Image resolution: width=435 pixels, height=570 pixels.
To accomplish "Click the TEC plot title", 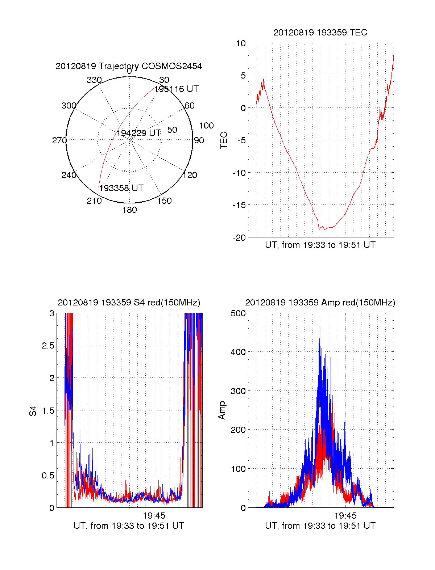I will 320,33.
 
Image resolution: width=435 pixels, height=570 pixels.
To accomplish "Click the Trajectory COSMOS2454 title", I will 129,66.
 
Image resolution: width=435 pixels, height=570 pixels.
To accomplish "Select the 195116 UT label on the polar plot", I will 176,89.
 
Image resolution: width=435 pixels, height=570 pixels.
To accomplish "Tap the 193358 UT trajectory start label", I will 121,188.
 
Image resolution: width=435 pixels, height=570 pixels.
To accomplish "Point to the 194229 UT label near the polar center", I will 138,133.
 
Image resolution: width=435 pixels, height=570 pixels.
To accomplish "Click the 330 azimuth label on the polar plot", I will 94,80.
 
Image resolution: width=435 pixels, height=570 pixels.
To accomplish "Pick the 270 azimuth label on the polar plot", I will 59,140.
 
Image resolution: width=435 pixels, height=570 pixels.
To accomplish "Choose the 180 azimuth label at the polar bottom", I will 129,210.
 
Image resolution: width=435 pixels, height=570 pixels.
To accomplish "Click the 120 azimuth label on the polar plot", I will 190,176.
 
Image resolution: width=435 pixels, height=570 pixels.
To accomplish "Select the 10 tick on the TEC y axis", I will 241,43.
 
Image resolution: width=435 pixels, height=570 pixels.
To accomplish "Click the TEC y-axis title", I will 224,140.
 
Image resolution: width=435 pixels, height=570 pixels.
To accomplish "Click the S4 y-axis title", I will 33,411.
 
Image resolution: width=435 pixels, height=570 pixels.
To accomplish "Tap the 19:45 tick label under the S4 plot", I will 154,516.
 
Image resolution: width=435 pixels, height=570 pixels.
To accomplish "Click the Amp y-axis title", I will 222,410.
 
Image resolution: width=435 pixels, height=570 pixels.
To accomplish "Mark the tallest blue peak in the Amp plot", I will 320,326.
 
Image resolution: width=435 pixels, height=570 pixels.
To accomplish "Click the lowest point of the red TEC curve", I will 319,229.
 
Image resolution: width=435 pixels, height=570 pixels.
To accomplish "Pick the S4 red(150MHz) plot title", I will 129,303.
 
